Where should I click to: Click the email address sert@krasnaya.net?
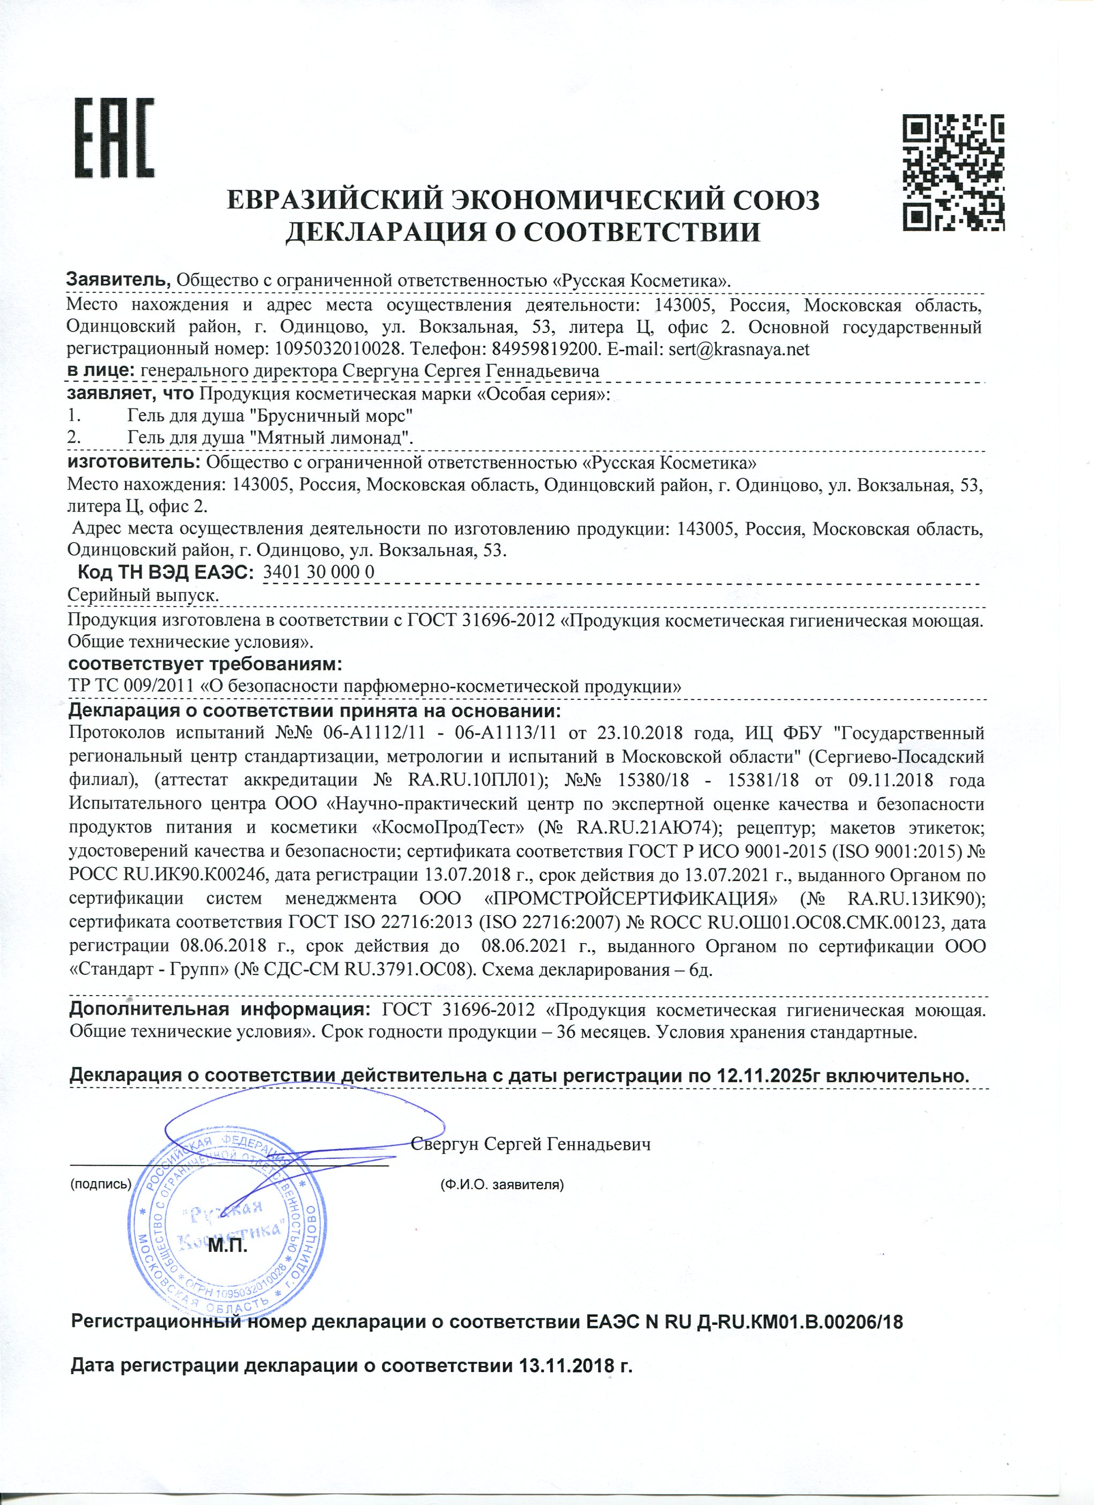(739, 349)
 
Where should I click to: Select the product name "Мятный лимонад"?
(338, 438)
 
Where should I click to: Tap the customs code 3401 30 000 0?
(319, 572)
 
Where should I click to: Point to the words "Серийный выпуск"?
(143, 595)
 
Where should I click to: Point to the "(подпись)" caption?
(101, 1184)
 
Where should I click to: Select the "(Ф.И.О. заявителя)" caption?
(502, 1184)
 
